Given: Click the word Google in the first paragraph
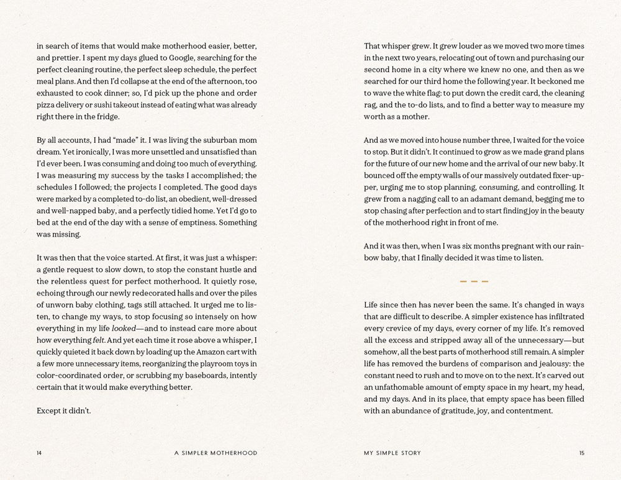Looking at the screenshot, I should [158, 58].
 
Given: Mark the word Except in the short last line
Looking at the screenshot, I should [49, 411].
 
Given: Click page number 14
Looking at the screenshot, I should [40, 453].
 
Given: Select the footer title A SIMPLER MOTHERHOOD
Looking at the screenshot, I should [215, 453].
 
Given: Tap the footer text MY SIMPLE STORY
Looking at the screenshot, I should [392, 453].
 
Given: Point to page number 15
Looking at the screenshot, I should [581, 453].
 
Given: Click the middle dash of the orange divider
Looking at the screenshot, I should [474, 282].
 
